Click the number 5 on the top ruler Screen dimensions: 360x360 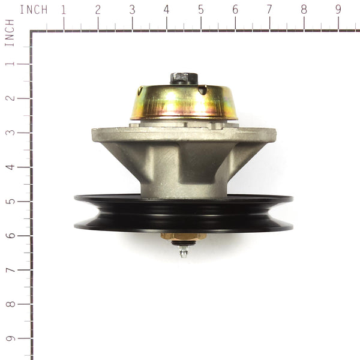[200, 10]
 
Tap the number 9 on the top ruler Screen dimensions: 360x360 [338, 10]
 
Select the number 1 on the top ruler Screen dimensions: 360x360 [63, 10]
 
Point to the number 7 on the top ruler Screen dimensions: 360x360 [269, 10]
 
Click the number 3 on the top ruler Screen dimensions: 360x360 [132, 10]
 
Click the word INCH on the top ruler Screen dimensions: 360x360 [34, 10]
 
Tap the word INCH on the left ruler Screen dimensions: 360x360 [9, 32]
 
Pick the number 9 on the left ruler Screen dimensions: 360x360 [10, 338]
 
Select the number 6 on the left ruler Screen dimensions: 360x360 [10, 235]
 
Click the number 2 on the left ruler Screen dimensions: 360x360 [10, 98]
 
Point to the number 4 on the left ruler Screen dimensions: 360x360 [10, 166]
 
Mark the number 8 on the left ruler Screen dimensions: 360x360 [10, 304]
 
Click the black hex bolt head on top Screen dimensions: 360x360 [184, 78]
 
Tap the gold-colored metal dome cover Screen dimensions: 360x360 [184, 102]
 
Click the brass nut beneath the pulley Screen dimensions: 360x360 [184, 236]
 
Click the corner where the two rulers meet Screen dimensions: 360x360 [32, 31]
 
